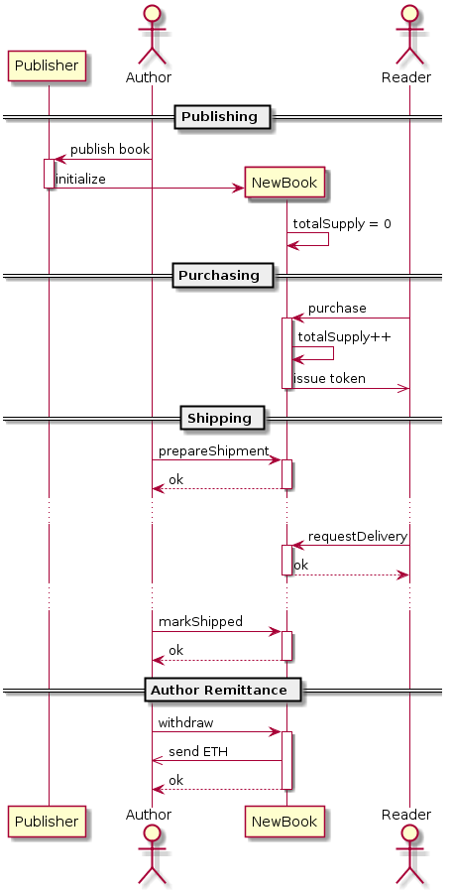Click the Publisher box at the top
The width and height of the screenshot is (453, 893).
[47, 65]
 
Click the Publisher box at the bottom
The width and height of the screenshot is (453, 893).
[47, 822]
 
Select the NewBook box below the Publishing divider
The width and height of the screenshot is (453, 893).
[284, 183]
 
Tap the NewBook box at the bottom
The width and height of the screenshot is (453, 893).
[284, 822]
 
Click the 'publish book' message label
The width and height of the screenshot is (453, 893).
[110, 150]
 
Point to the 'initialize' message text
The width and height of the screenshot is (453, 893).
[80, 179]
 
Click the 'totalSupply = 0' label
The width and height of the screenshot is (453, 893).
[341, 224]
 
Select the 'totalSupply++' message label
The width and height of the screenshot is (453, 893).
[344, 337]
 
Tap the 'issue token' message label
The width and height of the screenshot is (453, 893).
[329, 379]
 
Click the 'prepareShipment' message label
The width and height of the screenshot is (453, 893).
[213, 451]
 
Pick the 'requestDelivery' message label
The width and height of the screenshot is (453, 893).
[358, 537]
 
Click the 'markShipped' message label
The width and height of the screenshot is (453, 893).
[200, 622]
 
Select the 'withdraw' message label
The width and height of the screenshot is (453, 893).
[185, 723]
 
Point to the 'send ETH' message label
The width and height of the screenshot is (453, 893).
[198, 752]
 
